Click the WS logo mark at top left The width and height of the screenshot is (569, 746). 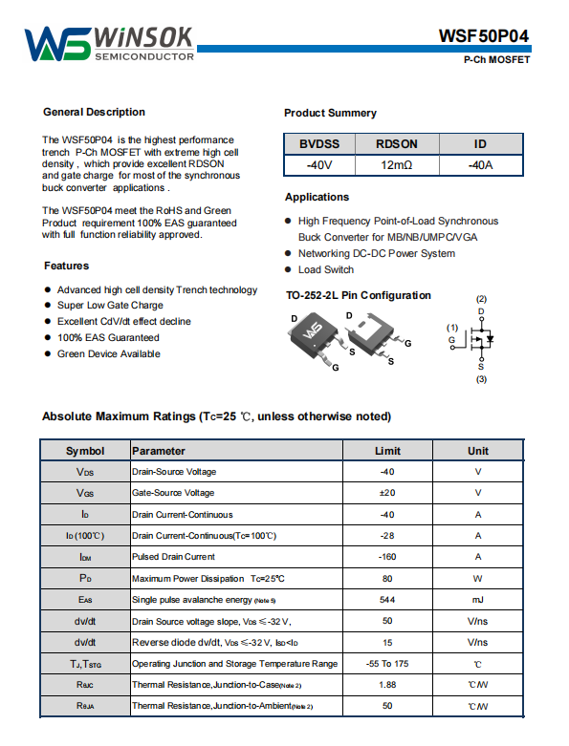[x=57, y=44]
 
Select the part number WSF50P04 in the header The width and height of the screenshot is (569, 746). [x=483, y=36]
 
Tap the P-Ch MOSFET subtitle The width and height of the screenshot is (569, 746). [x=496, y=60]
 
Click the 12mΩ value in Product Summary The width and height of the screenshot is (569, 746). [x=396, y=165]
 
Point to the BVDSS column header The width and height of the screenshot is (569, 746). [x=319, y=143]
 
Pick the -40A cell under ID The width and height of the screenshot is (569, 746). [x=480, y=165]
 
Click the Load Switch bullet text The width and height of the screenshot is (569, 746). [x=326, y=269]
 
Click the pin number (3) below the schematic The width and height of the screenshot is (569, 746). [x=481, y=379]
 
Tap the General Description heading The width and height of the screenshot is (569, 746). [x=95, y=113]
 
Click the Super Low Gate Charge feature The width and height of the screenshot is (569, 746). [x=110, y=306]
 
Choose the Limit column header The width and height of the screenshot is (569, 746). [x=387, y=451]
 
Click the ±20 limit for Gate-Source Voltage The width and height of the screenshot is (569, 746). [x=387, y=493]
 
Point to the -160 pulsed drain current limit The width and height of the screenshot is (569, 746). [x=387, y=557]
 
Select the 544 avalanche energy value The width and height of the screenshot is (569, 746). [x=387, y=600]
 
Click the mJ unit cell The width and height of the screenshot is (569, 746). [x=477, y=600]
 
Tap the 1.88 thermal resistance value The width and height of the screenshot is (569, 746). [x=387, y=685]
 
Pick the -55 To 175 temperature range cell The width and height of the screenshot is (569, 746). [x=387, y=664]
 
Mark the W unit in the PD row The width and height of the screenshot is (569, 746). [x=477, y=579]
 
